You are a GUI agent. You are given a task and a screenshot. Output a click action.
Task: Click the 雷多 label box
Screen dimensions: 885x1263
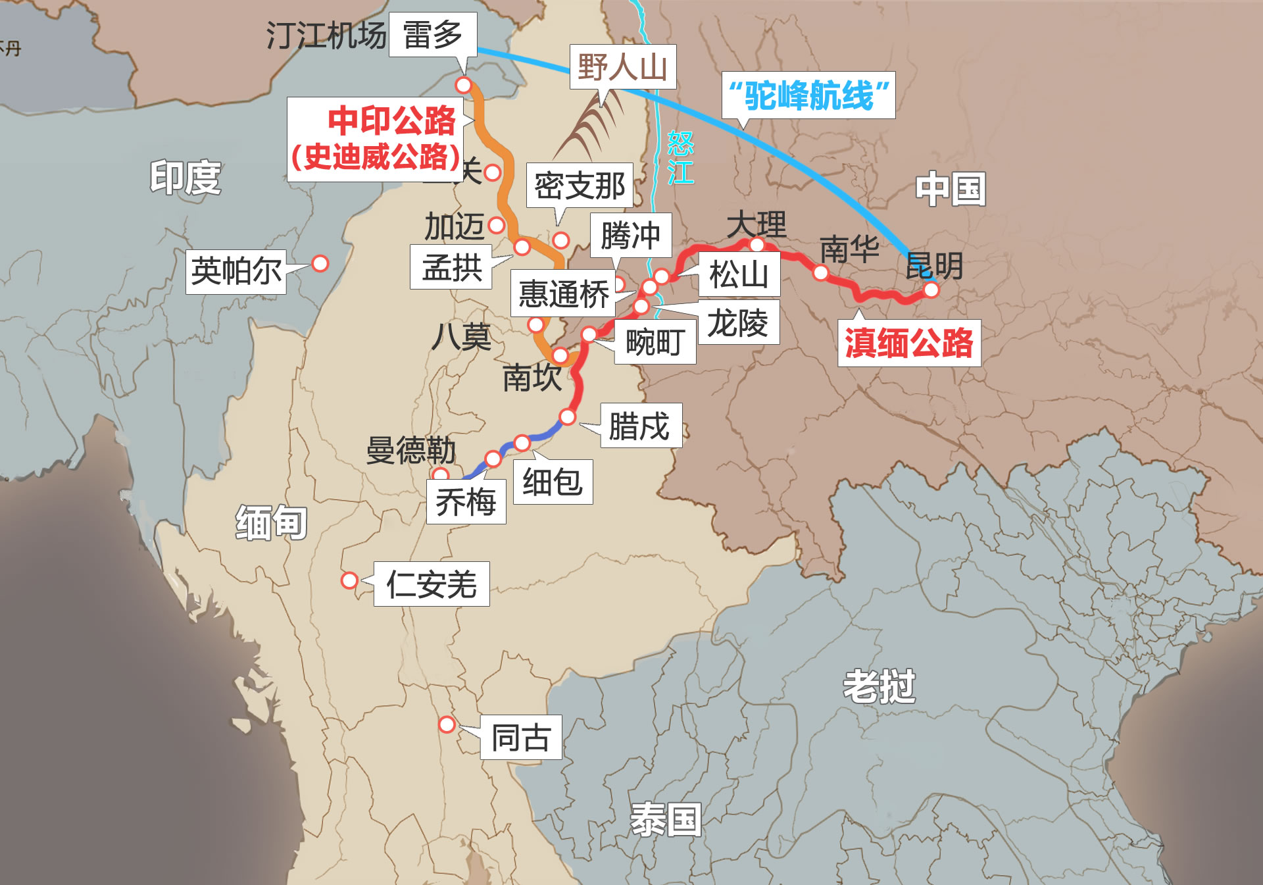[x=432, y=35]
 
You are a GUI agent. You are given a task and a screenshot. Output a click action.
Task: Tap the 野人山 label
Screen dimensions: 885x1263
[x=622, y=66]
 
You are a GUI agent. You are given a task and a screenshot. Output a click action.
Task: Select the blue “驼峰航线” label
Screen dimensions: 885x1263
[x=808, y=95]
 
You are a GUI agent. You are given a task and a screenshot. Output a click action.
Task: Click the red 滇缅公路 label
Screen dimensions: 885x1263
[x=908, y=343]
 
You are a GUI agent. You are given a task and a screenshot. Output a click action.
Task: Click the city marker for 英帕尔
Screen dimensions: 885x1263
[x=320, y=263]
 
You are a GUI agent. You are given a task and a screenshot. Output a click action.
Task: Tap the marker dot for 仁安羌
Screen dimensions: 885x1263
[x=349, y=580]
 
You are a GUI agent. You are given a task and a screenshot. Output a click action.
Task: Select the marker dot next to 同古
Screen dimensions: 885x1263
[x=447, y=724]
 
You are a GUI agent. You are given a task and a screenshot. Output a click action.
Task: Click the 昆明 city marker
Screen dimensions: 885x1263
[x=931, y=290]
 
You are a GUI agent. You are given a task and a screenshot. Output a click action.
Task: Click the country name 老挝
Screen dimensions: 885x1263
[x=879, y=686]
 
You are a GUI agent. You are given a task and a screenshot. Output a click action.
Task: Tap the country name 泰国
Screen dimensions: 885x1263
[x=666, y=819]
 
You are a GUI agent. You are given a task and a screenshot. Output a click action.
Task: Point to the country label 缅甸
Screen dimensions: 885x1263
[x=272, y=522]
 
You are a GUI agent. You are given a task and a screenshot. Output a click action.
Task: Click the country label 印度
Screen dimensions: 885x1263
[x=186, y=178]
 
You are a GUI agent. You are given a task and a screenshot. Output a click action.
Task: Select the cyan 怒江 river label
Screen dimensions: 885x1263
[x=680, y=158]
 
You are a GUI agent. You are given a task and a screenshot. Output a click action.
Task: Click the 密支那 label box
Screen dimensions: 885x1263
[x=580, y=186]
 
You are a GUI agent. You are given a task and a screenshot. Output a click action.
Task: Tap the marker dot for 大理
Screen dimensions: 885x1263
[x=757, y=245]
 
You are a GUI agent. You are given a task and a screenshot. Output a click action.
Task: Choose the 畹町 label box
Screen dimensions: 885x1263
[x=655, y=342]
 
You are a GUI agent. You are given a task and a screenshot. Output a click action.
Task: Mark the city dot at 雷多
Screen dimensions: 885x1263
[x=464, y=85]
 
